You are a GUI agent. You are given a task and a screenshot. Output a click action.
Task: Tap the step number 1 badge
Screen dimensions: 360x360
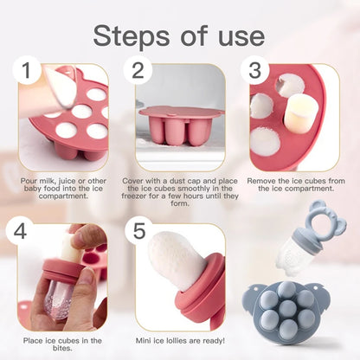(31, 72)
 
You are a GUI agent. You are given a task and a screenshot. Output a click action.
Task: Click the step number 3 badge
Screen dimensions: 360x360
(254, 72)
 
